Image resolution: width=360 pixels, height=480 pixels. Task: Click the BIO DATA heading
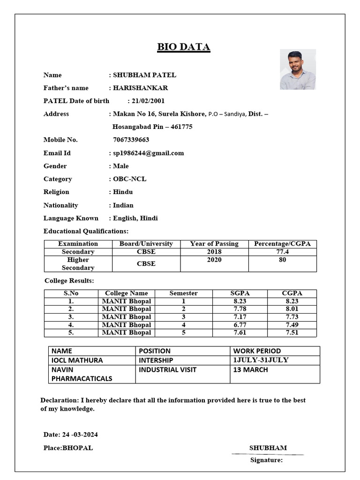(183, 47)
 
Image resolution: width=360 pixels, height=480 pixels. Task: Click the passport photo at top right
(298, 69)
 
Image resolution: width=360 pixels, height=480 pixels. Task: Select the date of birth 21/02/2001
(148, 101)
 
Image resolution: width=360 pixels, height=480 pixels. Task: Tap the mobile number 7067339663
(131, 140)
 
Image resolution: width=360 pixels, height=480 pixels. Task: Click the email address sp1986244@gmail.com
(149, 153)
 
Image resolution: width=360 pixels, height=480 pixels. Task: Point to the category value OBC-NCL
(129, 179)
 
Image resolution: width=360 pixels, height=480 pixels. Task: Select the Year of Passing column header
(214, 244)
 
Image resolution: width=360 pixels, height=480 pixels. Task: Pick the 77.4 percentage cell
(282, 252)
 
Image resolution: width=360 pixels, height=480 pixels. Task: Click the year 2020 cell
(214, 260)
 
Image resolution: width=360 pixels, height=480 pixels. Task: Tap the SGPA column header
(240, 293)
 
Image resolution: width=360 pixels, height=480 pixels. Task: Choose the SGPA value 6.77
(240, 324)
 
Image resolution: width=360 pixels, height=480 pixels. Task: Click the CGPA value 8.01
(292, 309)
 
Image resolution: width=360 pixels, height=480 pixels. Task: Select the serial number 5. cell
(71, 332)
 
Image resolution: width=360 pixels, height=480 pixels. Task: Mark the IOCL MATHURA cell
(77, 360)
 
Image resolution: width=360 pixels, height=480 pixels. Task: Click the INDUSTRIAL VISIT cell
(167, 369)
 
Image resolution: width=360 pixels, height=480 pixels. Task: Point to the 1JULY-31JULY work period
(261, 360)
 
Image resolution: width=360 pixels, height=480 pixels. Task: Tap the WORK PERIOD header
(257, 351)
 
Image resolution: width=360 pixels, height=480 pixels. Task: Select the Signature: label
(266, 460)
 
